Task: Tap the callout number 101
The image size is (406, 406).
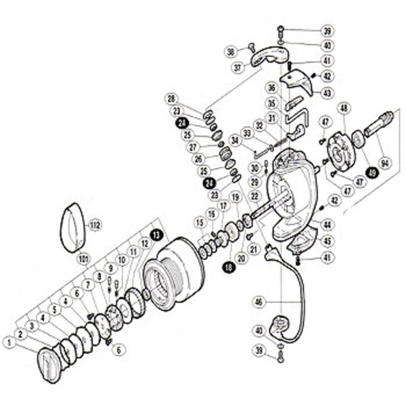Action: click(84, 256)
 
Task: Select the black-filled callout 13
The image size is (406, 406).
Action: click(157, 233)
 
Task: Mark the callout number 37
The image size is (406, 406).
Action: click(238, 68)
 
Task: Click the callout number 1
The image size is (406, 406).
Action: click(10, 343)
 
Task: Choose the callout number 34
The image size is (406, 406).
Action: click(234, 139)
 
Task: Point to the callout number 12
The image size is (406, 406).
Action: click(144, 242)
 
